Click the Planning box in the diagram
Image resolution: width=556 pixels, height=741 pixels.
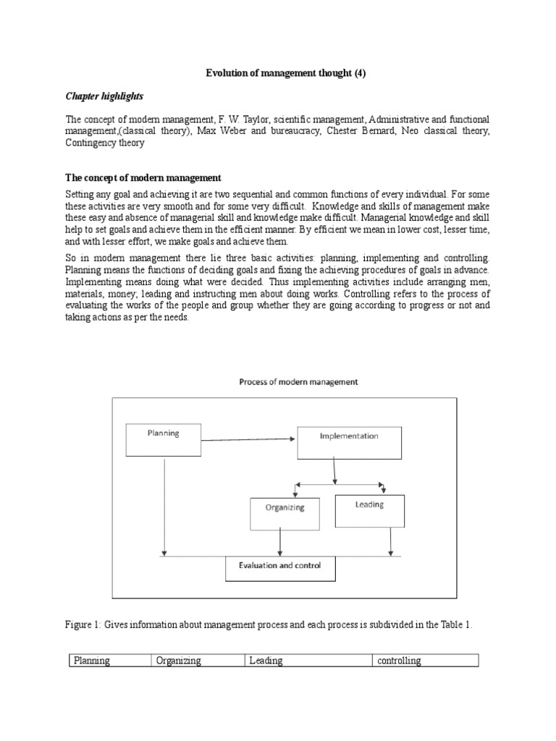point(163,439)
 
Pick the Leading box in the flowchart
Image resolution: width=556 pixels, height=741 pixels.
point(369,510)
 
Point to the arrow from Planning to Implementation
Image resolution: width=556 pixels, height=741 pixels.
point(249,437)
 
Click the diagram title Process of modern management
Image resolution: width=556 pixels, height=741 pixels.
point(298,382)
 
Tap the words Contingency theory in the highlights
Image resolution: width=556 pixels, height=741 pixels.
point(104,143)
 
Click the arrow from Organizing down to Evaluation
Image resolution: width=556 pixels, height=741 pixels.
point(280,542)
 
